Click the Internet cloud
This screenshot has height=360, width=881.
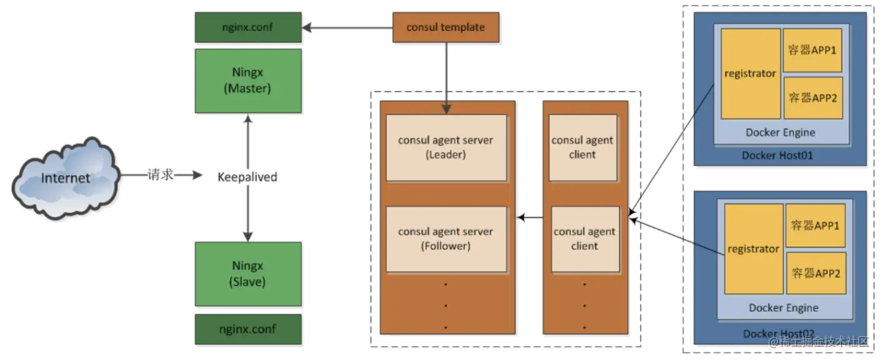[x=66, y=178]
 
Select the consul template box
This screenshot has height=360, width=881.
[x=446, y=27]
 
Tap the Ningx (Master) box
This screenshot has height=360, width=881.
[x=248, y=81]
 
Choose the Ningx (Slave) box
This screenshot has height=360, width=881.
[x=248, y=274]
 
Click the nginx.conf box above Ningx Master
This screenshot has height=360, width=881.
[x=248, y=27]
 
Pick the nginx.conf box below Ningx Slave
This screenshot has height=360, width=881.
[x=248, y=329]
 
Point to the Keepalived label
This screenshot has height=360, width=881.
[x=247, y=177]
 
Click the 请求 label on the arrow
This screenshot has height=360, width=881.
[x=161, y=175]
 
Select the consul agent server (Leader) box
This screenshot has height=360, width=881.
[x=446, y=147]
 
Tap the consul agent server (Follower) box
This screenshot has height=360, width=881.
[x=446, y=239]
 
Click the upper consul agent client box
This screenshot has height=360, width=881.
[x=583, y=147]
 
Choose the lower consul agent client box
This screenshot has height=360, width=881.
[x=585, y=239]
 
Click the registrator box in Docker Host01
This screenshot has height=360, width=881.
[x=751, y=74]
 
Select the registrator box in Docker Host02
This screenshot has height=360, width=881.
[x=754, y=249]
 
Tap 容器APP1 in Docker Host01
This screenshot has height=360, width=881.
[x=812, y=50]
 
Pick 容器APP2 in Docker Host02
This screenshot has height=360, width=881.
[x=816, y=273]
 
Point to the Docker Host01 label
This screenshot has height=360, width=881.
[x=777, y=156]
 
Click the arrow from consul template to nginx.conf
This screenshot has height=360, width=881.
[x=347, y=27]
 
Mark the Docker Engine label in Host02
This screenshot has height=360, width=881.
[x=784, y=307]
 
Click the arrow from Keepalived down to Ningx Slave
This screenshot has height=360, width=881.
[x=248, y=214]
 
